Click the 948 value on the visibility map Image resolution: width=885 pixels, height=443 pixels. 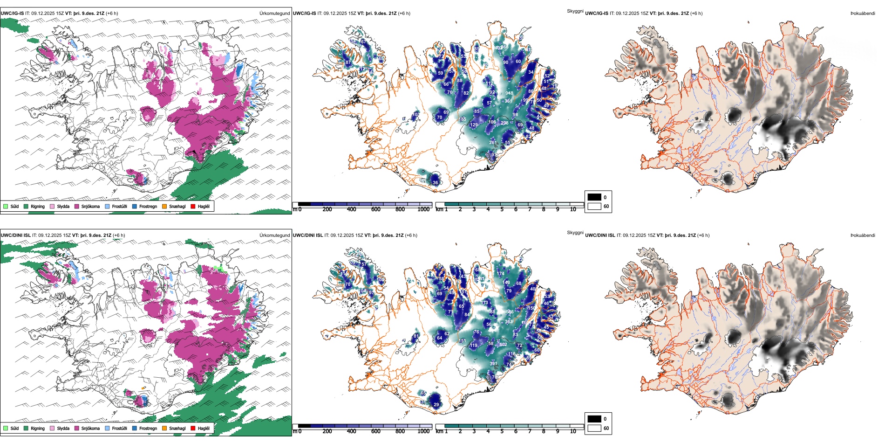[x=509, y=93]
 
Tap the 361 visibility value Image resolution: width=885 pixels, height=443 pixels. [x=508, y=101]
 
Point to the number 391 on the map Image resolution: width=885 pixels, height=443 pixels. [x=493, y=364]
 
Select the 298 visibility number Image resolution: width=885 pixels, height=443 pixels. [x=504, y=123]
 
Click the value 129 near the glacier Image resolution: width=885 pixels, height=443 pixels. [x=474, y=125]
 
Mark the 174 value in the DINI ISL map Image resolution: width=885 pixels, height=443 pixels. [x=501, y=274]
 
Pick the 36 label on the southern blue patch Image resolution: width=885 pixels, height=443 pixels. [x=436, y=182]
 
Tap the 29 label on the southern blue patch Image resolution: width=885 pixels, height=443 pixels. [x=436, y=404]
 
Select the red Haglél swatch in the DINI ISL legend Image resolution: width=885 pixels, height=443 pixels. [x=193, y=428]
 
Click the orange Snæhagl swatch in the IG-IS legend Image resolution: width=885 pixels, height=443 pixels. [x=164, y=206]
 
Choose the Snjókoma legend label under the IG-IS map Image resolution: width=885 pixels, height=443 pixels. [x=90, y=206]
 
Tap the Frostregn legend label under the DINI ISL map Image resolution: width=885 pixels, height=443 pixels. [x=148, y=428]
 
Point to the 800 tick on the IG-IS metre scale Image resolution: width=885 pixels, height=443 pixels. [x=400, y=209]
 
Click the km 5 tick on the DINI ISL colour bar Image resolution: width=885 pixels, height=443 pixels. [x=502, y=431]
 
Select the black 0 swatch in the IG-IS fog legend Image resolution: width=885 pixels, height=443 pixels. [x=594, y=197]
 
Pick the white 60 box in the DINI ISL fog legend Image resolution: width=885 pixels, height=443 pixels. [x=594, y=428]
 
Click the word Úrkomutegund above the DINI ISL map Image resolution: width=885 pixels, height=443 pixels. [x=274, y=235]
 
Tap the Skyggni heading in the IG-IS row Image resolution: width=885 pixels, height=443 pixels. [x=575, y=11]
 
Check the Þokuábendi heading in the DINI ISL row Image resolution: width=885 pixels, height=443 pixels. [x=863, y=235]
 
